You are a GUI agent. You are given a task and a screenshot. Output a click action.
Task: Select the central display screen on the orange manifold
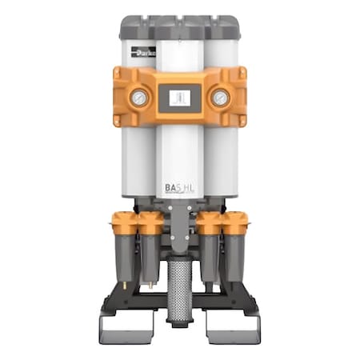point(179,98)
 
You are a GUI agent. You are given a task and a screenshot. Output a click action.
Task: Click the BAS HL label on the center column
point(178,188)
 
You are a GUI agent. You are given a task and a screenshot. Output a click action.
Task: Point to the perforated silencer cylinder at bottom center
point(179,284)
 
